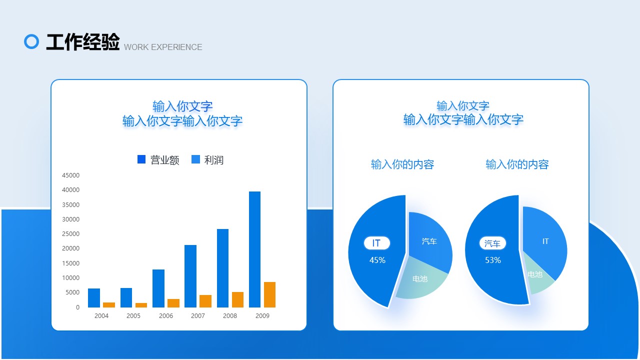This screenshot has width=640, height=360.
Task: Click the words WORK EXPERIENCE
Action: coord(163,47)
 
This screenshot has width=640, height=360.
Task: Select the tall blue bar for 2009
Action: coord(254,249)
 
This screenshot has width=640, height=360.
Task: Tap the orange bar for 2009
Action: coord(269,294)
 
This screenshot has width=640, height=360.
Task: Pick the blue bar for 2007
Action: coord(190,276)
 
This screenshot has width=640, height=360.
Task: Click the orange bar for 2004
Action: coord(109,305)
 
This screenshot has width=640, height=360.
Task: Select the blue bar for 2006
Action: coord(158,288)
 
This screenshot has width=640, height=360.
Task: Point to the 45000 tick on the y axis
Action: coord(70,175)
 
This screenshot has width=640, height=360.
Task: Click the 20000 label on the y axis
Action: coord(70,248)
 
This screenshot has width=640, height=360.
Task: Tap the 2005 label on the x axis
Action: coord(133,315)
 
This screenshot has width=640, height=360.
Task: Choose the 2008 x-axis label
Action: coord(230,315)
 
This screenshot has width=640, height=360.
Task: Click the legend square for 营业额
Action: coord(141,159)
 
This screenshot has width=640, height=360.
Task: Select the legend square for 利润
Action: coord(195,159)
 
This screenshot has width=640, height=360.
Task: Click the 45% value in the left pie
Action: coord(377,260)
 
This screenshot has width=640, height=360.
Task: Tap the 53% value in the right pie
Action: coord(493,260)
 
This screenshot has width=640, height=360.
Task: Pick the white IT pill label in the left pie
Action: coord(377,243)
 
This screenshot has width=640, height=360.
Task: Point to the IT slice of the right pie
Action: coord(544,241)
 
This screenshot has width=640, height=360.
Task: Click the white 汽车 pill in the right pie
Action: coord(492,243)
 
